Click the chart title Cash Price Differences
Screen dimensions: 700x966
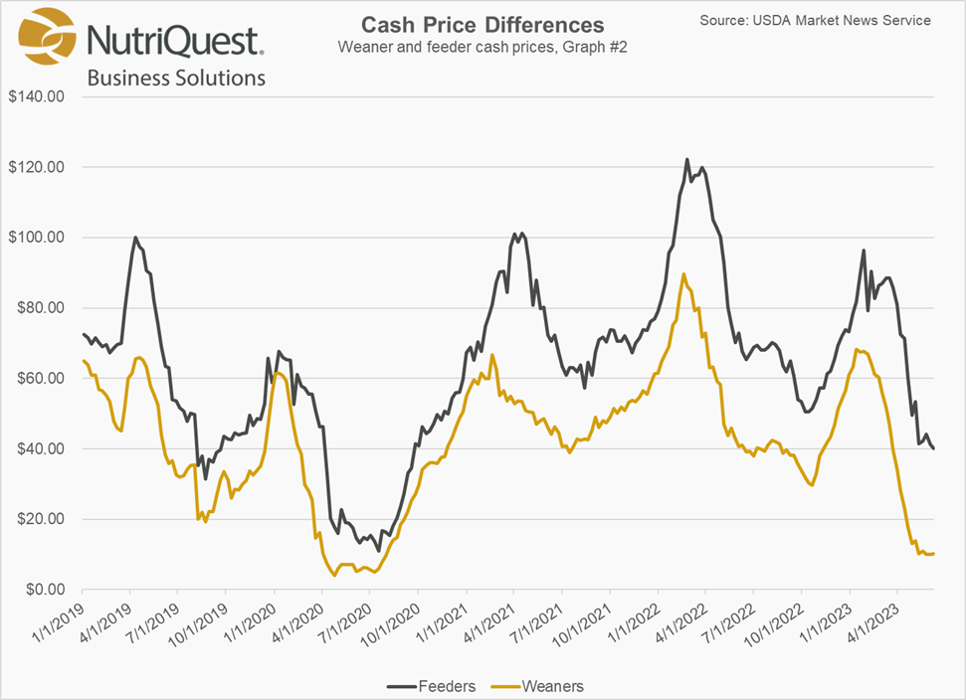click(483, 25)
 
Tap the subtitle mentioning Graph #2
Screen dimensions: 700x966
click(483, 47)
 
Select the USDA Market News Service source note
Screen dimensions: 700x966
click(815, 20)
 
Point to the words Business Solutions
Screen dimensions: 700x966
click(176, 77)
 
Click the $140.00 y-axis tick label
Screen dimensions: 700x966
click(37, 96)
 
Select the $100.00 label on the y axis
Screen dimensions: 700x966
click(37, 238)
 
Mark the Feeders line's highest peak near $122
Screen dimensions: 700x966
click(686, 159)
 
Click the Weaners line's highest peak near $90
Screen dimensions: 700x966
click(683, 273)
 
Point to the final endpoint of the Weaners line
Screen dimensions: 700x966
click(933, 553)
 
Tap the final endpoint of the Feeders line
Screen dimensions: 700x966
click(933, 448)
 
